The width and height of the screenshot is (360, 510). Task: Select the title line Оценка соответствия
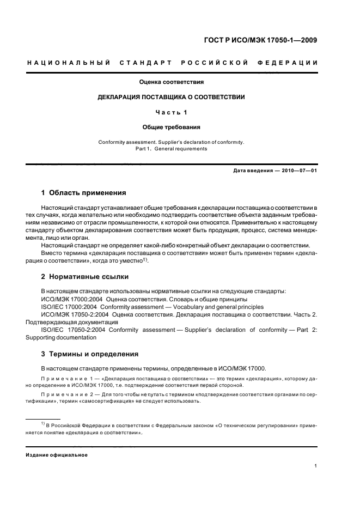coord(171,83)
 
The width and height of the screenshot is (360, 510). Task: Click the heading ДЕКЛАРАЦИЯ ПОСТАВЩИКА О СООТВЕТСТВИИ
coord(171,98)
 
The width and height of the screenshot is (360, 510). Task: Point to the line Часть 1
coord(171,113)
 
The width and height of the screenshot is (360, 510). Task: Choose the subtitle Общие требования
coord(171,127)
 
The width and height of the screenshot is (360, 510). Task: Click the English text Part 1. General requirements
coord(171,148)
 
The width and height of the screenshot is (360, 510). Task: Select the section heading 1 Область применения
coord(84,193)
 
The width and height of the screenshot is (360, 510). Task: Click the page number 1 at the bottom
coord(316,466)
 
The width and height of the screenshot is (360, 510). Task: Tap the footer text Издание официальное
coord(57,454)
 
